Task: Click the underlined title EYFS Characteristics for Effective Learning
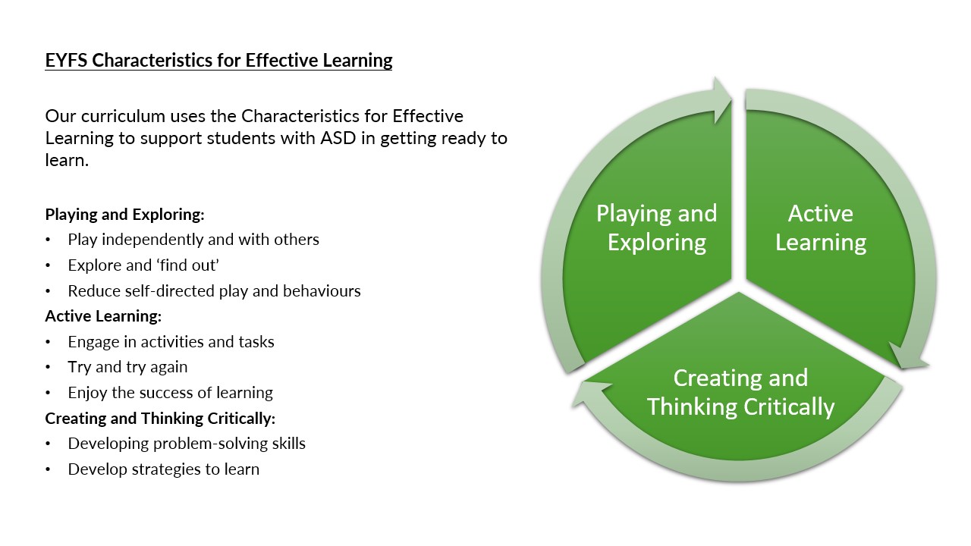[218, 61]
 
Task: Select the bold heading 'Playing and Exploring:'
[125, 214]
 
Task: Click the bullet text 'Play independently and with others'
[193, 240]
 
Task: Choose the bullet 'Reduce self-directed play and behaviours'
[214, 290]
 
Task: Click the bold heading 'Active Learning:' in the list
[103, 315]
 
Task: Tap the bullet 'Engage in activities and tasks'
[171, 342]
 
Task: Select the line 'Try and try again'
[127, 367]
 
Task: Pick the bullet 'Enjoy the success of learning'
[170, 393]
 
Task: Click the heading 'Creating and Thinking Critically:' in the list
[160, 418]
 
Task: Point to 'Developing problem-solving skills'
[187, 444]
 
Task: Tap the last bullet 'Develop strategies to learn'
[163, 469]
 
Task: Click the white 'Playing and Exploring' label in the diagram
[656, 227]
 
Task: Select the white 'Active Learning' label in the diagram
[820, 227]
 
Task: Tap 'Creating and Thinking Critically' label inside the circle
[740, 392]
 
